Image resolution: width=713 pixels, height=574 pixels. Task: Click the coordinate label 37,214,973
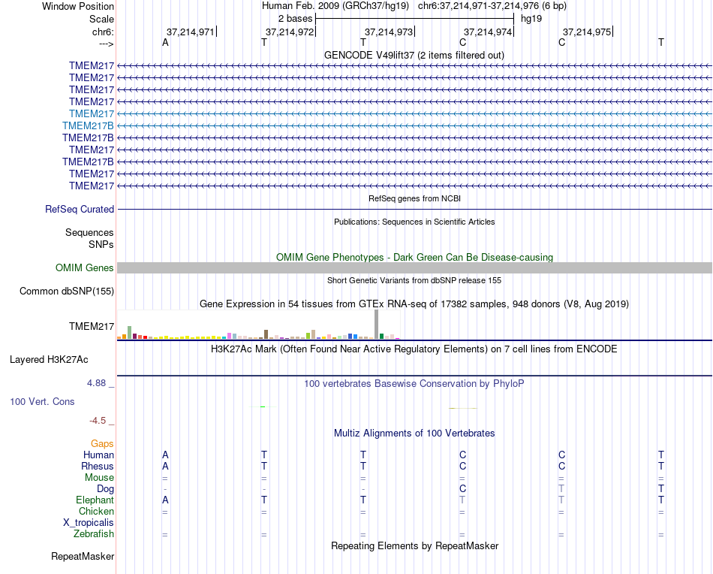[x=388, y=32]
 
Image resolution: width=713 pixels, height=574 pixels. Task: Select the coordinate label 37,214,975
[x=587, y=32]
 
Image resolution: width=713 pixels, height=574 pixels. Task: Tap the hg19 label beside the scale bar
[x=531, y=18]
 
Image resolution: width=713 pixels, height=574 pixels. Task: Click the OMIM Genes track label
[x=85, y=268]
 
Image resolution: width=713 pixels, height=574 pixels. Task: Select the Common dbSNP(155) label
[x=67, y=292]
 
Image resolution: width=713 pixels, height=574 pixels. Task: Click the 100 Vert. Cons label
[x=42, y=401]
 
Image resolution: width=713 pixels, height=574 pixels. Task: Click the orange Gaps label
[x=102, y=444]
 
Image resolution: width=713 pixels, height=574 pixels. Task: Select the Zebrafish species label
[x=94, y=534]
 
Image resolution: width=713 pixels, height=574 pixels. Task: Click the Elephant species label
[x=95, y=500]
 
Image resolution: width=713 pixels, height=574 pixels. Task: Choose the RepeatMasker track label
[x=83, y=557]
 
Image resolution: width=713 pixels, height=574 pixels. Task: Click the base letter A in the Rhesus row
[x=165, y=466]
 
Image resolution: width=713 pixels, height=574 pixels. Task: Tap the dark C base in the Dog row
[x=462, y=488]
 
